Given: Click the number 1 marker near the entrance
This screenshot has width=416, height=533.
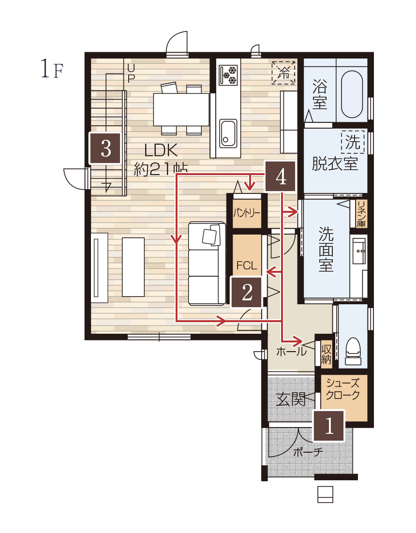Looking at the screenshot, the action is tap(328, 426).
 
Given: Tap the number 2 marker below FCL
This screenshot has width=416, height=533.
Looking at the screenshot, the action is tap(247, 292).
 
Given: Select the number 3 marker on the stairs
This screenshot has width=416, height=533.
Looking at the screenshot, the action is tap(105, 148).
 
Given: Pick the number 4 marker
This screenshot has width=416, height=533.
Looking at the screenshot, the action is tap(281, 176).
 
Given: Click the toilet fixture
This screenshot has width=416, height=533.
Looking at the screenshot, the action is tap(353, 351).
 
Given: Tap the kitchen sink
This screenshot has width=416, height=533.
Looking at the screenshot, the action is tap(228, 133).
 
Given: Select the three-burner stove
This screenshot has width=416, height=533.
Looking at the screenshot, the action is tap(228, 75).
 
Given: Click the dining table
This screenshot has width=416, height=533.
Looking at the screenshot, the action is tap(181, 109).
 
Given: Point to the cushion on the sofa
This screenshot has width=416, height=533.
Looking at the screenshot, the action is tap(211, 235).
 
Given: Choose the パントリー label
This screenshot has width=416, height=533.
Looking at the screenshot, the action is tap(247, 213).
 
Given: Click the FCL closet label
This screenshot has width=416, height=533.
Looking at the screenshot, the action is tap(246, 265).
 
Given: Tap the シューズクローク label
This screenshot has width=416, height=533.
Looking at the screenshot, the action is tap(342, 389).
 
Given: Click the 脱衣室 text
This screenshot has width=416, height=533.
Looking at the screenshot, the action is tap(335, 163).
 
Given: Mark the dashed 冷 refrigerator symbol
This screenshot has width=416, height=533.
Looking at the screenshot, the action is tap(283, 73).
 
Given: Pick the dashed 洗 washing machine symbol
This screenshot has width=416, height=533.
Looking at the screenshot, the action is tap(353, 142).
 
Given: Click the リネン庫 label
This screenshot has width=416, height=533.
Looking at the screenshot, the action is tap(361, 214).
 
